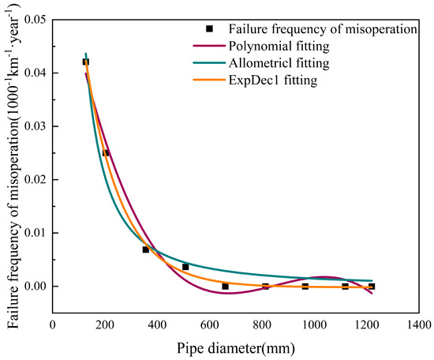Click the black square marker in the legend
pos(210,28)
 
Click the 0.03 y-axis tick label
pos(35,126)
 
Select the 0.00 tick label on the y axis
pos(35,287)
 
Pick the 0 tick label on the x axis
pos(53,323)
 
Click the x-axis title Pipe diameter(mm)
pos(237,345)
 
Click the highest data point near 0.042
pos(86,62)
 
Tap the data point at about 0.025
pos(106,152)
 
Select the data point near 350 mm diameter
pos(145,249)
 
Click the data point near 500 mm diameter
pos(185,267)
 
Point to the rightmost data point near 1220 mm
pos(372,286)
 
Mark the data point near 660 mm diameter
pos(226,286)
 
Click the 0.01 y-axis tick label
pos(35,233)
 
